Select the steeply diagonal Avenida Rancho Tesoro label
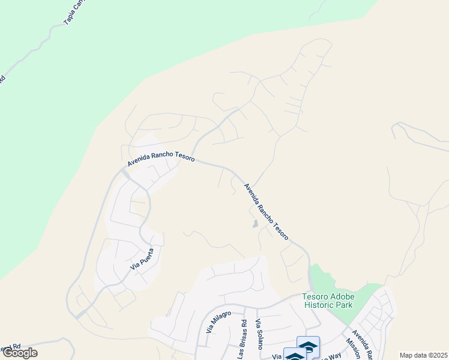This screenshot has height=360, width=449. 267,211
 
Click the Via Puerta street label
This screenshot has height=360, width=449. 142,258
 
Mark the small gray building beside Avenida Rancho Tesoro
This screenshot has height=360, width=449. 256,224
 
